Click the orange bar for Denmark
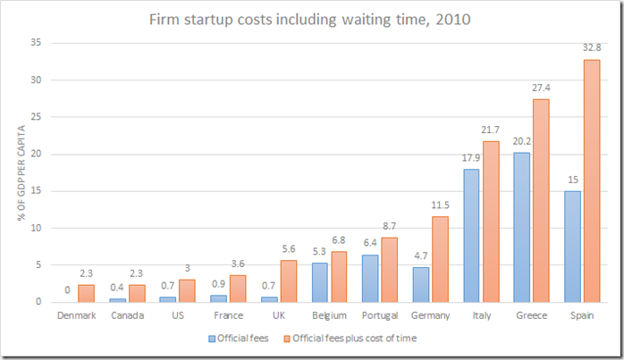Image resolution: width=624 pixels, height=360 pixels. (x=85, y=293)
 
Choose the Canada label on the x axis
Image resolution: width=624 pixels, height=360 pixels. (x=128, y=316)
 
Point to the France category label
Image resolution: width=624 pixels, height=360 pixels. (x=230, y=316)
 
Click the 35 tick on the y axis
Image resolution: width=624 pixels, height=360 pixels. (x=36, y=43)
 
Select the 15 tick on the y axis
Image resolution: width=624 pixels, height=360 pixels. (x=36, y=191)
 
